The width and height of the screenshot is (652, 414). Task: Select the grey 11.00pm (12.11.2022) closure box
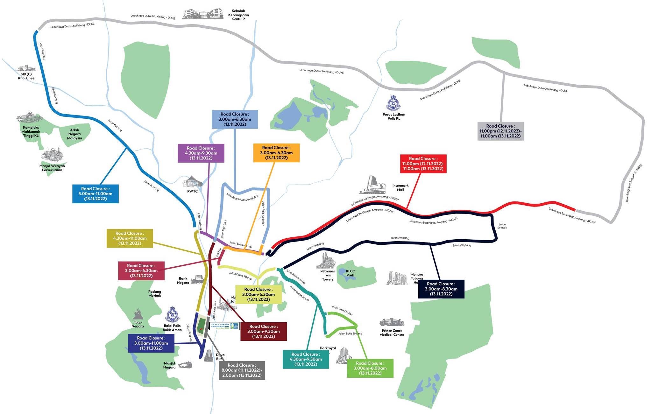[x=500, y=131]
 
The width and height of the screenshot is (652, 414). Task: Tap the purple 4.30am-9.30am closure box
[x=201, y=153]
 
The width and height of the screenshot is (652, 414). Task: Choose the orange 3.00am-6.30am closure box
[x=276, y=153]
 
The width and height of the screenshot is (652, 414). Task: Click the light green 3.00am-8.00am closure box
[x=370, y=368]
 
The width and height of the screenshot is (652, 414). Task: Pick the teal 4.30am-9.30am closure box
[x=306, y=359]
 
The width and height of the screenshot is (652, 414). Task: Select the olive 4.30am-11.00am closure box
[x=130, y=238]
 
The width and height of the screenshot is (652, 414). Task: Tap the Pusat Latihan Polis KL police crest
[x=393, y=103]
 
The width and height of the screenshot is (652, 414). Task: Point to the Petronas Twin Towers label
[x=327, y=275]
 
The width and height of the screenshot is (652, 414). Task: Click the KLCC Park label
[x=350, y=273]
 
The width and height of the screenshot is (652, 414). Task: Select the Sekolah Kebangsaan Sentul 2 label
[x=238, y=15]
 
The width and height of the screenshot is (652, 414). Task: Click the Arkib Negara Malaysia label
[x=74, y=134]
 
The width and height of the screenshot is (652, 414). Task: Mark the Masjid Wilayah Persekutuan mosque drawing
[x=52, y=155]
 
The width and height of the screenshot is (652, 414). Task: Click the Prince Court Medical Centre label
[x=392, y=333]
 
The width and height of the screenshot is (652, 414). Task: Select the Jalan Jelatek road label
[x=502, y=226]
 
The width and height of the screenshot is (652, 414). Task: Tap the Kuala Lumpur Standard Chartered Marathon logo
[x=224, y=326]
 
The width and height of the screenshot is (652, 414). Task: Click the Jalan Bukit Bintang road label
[x=350, y=334]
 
